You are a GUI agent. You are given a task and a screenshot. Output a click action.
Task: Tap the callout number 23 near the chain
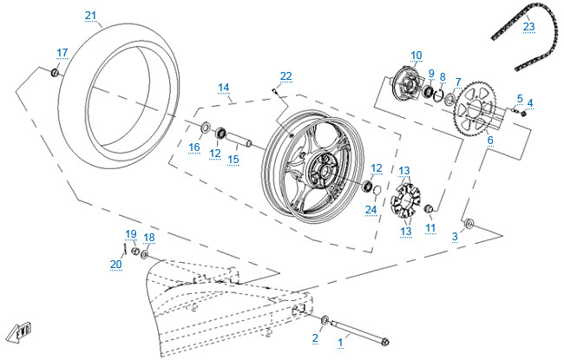point(529,26)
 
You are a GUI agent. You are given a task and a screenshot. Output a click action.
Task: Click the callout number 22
point(285,75)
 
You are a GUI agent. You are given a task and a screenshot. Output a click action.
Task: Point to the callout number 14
point(223,88)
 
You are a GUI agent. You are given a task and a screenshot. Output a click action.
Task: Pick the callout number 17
point(62,53)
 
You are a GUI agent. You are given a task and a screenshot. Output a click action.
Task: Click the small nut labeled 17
point(55,74)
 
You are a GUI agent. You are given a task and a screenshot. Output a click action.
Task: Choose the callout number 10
point(416,56)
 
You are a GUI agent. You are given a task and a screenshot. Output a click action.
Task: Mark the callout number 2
point(315,337)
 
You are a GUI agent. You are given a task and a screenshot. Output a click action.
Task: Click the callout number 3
point(455,236)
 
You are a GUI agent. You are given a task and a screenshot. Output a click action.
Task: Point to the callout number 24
point(371,209)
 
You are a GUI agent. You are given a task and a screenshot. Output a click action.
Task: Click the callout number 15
point(233,159)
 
